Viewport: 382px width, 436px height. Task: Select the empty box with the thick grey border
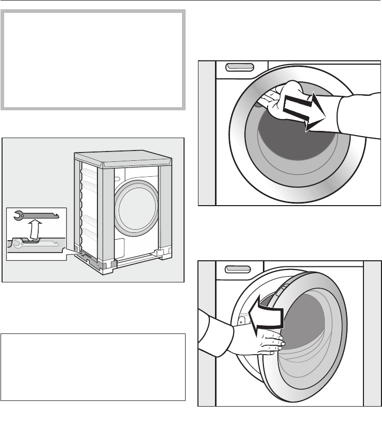[x=93, y=59]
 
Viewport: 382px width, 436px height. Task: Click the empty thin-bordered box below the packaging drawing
[x=93, y=367]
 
